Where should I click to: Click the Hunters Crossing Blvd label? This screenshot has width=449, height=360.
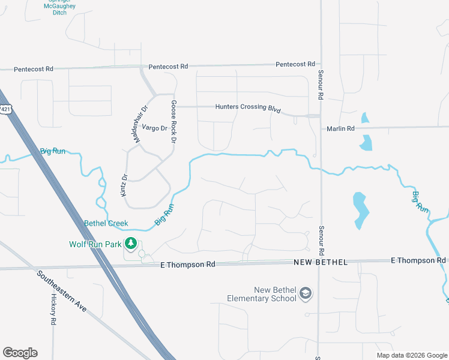[x=249, y=107]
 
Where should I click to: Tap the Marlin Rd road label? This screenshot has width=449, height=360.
[x=340, y=128]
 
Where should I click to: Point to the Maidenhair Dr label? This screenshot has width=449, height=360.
[x=140, y=124]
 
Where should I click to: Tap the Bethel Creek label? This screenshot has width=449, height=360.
[x=106, y=223]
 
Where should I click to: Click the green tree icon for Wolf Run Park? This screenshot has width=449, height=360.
[x=130, y=244]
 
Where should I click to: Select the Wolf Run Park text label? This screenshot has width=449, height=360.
[x=95, y=244]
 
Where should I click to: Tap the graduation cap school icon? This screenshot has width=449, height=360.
[x=306, y=293]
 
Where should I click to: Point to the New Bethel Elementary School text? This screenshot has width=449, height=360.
[x=262, y=294]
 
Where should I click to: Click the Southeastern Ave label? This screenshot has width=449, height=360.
[x=61, y=292]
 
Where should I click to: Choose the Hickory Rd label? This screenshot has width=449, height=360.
[x=53, y=310]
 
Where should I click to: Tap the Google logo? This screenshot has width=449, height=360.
[x=20, y=353]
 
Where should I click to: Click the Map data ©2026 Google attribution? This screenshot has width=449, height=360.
[x=412, y=355]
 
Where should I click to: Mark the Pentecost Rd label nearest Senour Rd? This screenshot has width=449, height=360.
[x=295, y=64]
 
